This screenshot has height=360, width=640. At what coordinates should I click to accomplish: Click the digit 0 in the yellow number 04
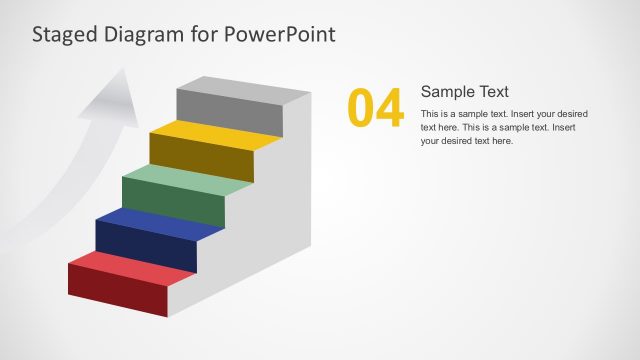pos(361,109)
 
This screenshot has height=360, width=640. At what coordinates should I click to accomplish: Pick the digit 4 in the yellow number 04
pos(389,109)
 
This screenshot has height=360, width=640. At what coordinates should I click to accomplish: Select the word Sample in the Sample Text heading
pos(448,91)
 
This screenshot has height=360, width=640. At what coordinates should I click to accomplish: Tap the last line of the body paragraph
pos(466,141)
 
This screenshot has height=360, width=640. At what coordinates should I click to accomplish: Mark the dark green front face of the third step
pos(172,203)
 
